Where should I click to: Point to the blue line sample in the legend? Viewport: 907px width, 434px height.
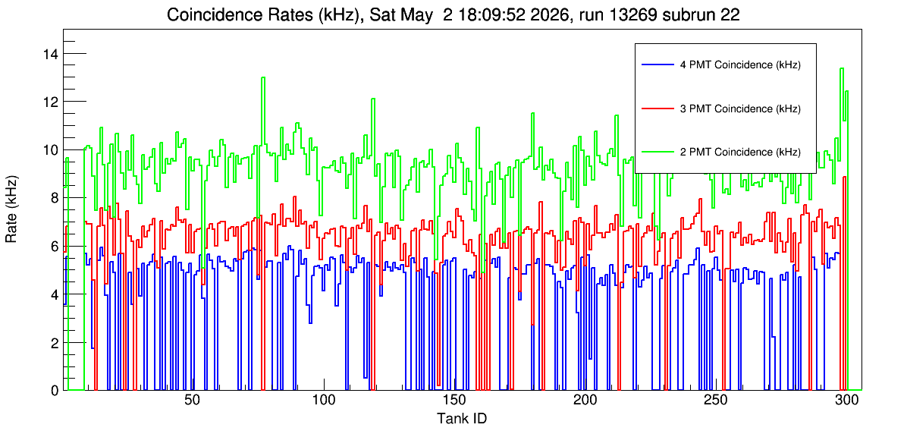(657, 65)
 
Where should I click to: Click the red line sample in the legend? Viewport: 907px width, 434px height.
(657, 108)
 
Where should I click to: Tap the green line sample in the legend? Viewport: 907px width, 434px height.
(657, 152)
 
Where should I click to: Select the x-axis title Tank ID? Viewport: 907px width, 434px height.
(461, 418)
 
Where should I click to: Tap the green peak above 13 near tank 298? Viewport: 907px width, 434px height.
(842, 68)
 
